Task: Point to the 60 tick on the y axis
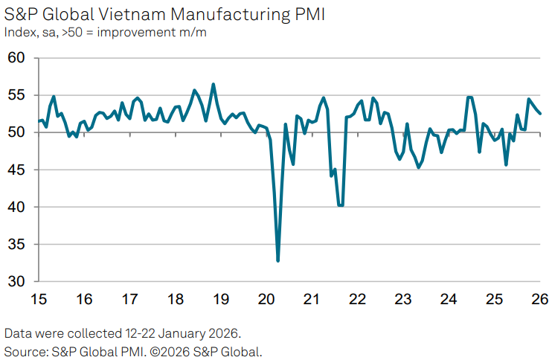[x=16, y=58]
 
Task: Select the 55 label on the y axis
[x=16, y=95]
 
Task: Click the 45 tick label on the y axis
[x=16, y=170]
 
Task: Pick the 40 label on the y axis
[x=16, y=207]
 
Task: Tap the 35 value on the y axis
[x=16, y=244]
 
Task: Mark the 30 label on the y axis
[x=16, y=281]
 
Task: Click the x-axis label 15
[x=39, y=299]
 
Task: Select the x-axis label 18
[x=176, y=299]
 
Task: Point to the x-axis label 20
[x=266, y=299]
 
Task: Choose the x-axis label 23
[x=402, y=299]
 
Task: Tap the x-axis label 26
[x=539, y=299]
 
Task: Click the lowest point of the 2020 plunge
[x=278, y=260]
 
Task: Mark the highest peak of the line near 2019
[x=214, y=84]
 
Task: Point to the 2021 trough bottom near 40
[x=341, y=205]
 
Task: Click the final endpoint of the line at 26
[x=541, y=114]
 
